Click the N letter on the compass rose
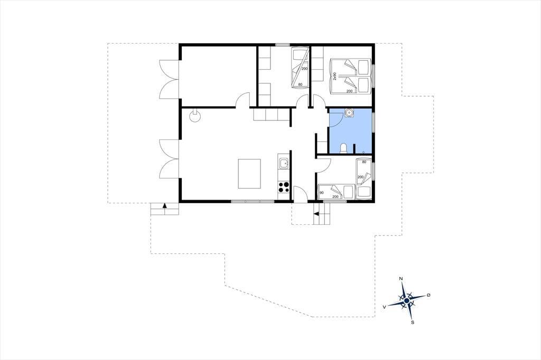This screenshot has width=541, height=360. coord(400,279)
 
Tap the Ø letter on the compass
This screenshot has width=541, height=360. coord(429,295)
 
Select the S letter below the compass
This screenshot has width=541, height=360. coord(412,323)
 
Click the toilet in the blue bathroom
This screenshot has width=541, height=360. coord(343,148)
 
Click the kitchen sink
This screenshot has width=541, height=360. coord(284,164)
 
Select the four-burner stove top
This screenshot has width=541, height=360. coord(284,187)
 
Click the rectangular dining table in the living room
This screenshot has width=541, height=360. coord(249,174)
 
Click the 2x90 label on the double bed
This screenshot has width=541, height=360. coord(334,76)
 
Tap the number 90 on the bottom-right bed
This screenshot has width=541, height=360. coord(322,193)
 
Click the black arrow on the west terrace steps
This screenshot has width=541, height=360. coord(165,205)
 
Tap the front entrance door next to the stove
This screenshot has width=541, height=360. coord(300,194)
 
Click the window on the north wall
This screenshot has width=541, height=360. coord(282,44)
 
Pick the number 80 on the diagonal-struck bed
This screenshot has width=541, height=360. coord(300,84)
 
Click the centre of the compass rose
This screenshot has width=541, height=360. coord(407,301)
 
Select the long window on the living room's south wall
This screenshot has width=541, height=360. coord(253,202)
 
